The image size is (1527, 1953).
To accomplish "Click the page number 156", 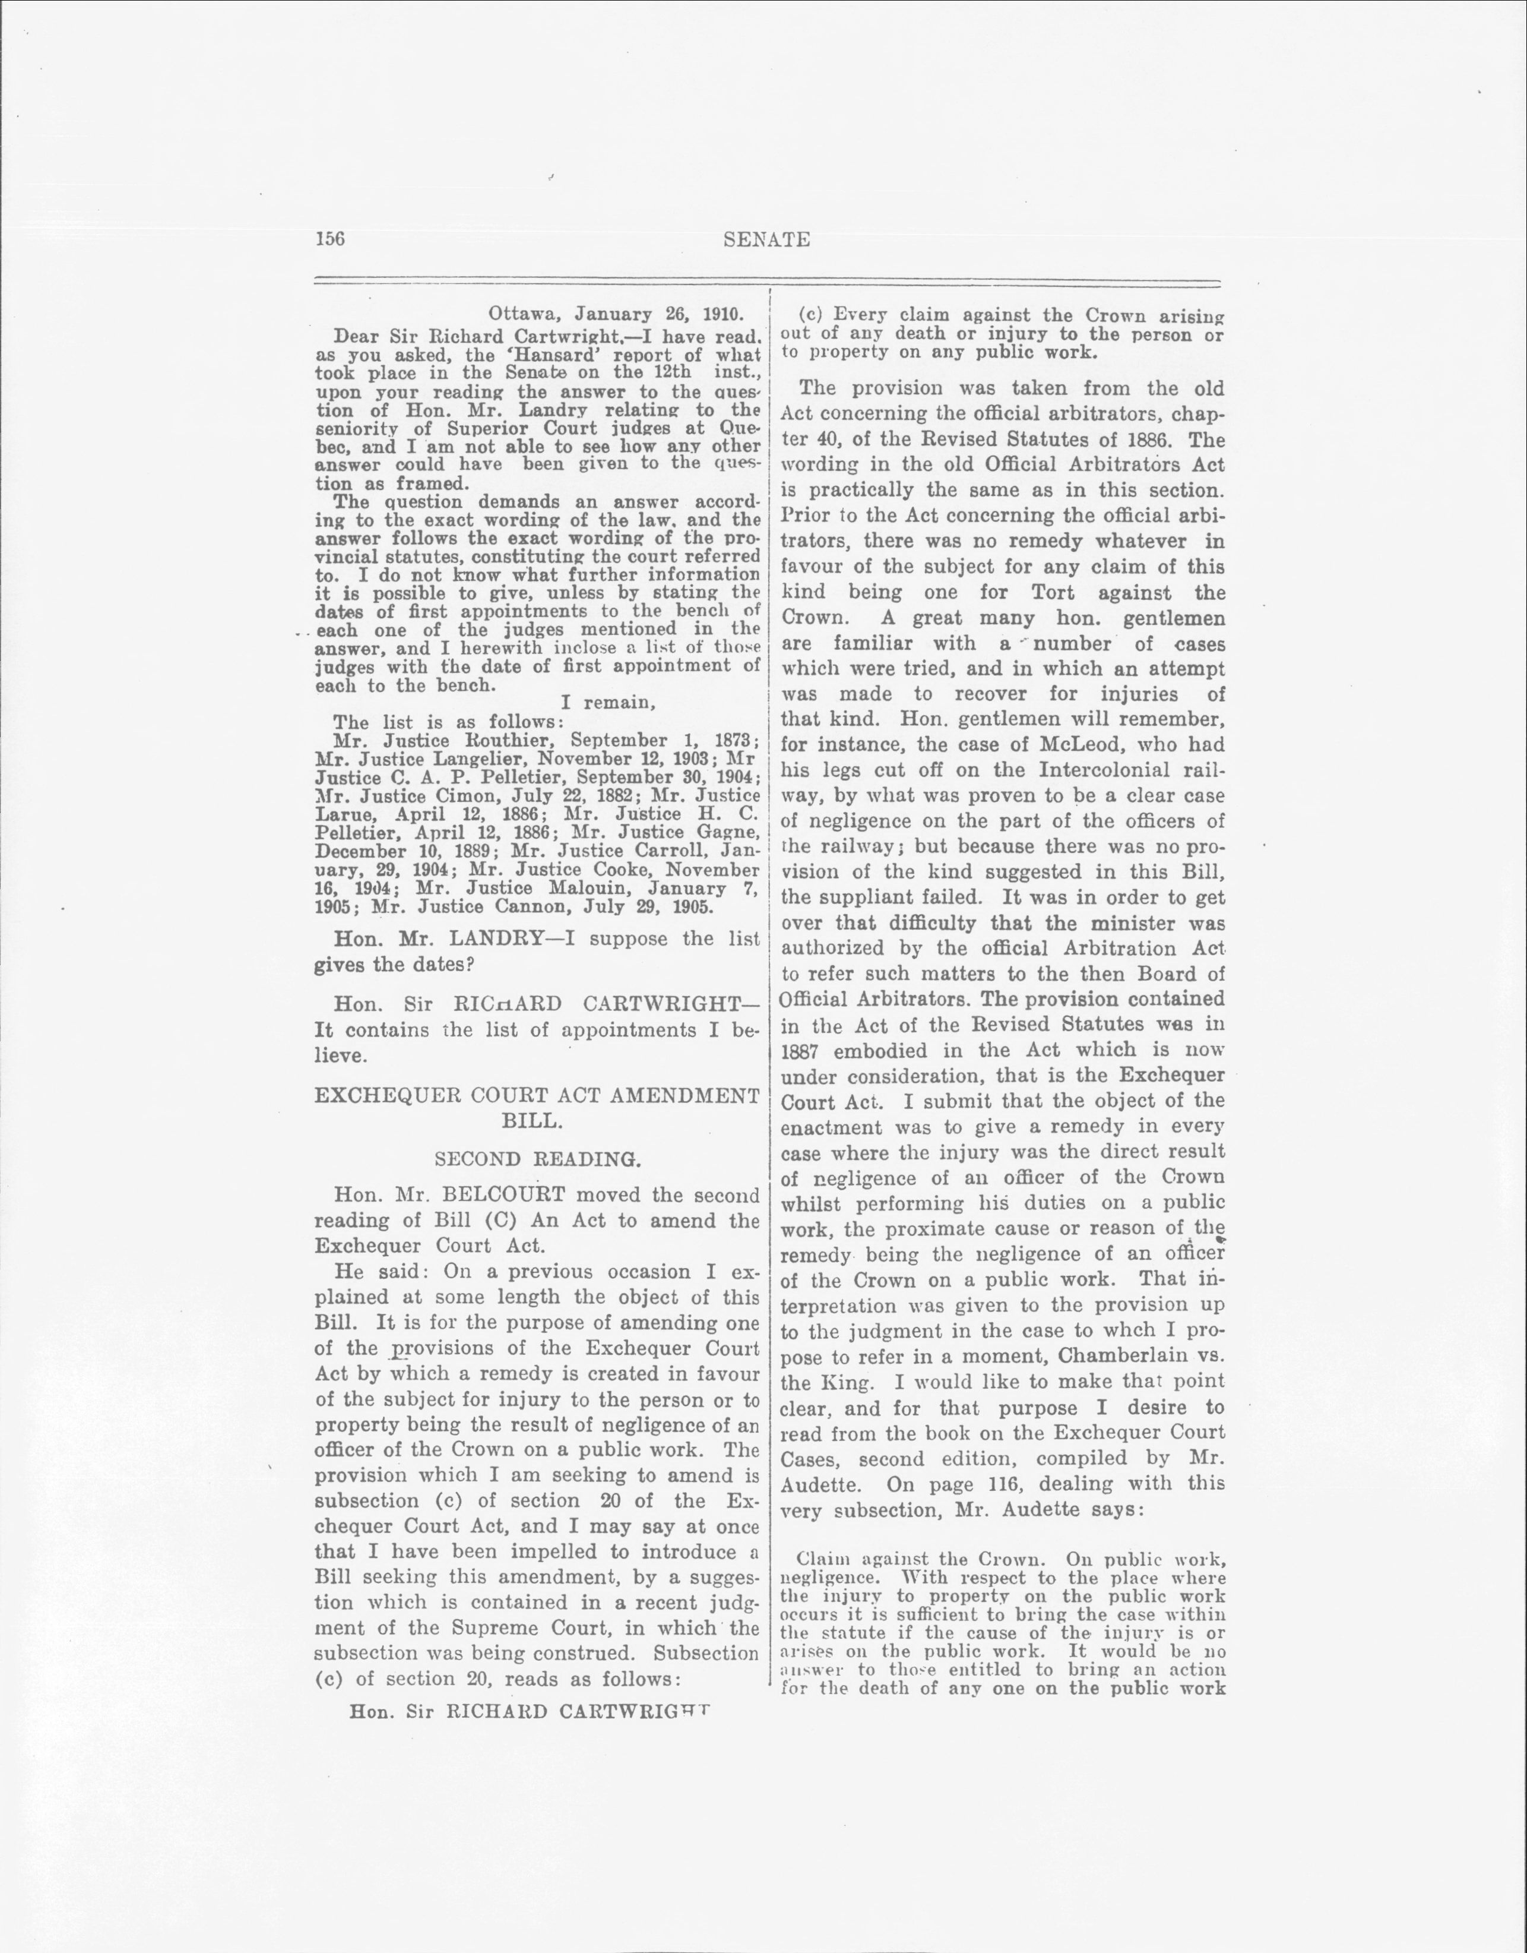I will click(x=330, y=239).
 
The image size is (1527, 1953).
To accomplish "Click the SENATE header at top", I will click(x=766, y=239).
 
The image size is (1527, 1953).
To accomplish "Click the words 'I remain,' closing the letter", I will click(x=608, y=703).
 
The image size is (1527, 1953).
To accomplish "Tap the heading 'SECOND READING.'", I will click(x=537, y=1160).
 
